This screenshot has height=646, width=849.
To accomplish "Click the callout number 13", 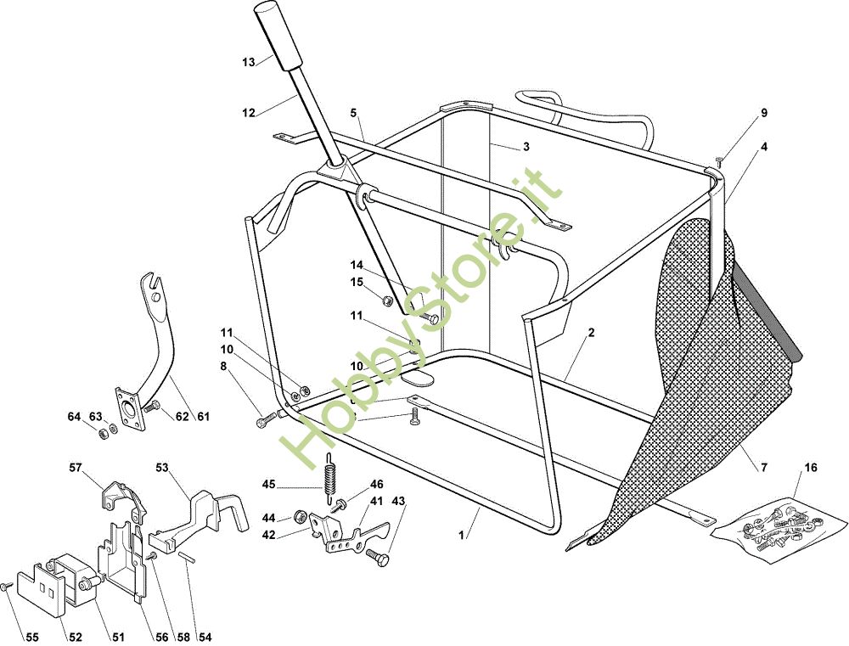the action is click(249, 62).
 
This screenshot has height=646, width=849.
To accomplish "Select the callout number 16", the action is click(811, 467).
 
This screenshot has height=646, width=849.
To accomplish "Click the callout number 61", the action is click(203, 417).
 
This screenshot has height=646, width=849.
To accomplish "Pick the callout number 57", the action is click(76, 467).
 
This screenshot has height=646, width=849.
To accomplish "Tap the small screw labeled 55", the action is click(7, 587).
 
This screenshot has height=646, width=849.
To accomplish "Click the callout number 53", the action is click(162, 467).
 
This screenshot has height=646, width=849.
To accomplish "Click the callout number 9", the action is click(764, 113).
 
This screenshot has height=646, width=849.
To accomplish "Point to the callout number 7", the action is click(764, 467).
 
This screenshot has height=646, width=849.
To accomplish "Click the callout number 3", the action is click(526, 147).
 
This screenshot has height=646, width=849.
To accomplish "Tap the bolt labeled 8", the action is click(266, 419).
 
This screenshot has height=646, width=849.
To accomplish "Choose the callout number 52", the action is click(76, 638).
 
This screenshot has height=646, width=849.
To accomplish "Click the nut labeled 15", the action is click(386, 300).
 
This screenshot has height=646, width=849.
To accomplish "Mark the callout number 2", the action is click(591, 333).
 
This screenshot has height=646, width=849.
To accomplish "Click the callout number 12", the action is click(249, 113).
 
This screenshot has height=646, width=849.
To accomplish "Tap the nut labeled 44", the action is click(300, 516).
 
